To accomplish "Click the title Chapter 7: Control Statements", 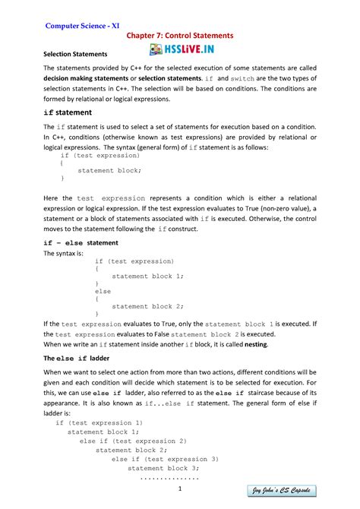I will coord(180,36).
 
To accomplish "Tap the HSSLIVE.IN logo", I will coord(180,50).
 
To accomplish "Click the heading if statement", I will coord(69,112).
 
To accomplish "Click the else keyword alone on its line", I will coord(103,291).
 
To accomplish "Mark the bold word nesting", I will coord(253,343).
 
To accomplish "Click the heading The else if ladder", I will coord(77,357).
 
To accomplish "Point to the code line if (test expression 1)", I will coord(99,422).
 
